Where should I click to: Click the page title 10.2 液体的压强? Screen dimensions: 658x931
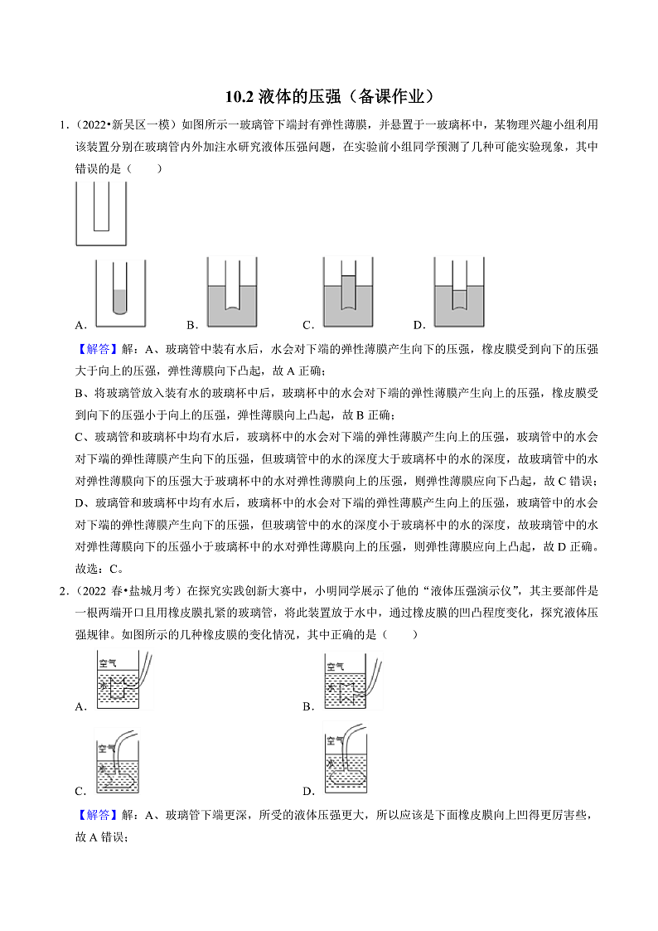329,97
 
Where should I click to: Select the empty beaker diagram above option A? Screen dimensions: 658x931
101,213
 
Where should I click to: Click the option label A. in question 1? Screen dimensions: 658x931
81,325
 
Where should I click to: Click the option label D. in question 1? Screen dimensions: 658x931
419,325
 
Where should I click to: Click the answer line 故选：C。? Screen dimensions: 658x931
99,569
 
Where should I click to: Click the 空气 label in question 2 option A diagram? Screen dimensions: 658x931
108,663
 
